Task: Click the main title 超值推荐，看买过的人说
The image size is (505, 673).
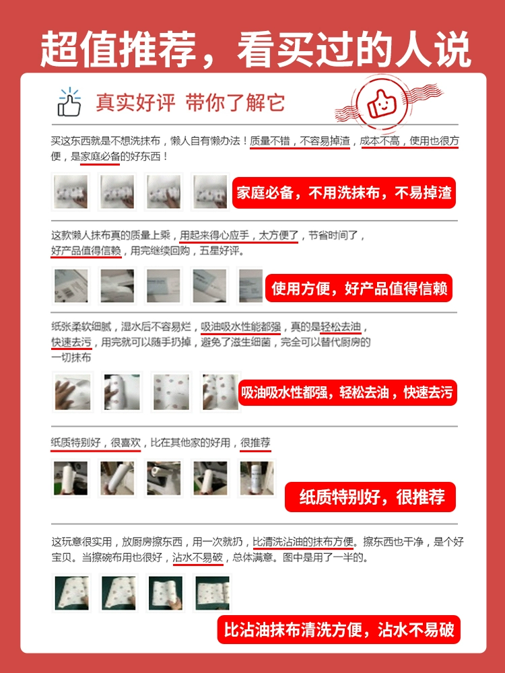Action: pyautogui.click(x=255, y=48)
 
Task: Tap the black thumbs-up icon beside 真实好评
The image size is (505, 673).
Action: pyautogui.click(x=69, y=102)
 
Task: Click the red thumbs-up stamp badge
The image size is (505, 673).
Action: pyautogui.click(x=381, y=103)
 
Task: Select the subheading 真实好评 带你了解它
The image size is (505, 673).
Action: pyautogui.click(x=191, y=102)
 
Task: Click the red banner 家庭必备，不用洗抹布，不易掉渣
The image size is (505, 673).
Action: pyautogui.click(x=344, y=192)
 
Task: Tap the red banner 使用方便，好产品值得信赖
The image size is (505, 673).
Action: pyautogui.click(x=359, y=288)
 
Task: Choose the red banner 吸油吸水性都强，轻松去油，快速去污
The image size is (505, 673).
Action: pyautogui.click(x=347, y=392)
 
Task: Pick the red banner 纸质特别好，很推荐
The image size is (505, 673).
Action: pyautogui.click(x=370, y=497)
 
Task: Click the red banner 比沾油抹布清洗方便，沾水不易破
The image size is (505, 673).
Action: pyautogui.click(x=339, y=630)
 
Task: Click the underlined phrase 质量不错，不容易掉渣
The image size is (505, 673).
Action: pyautogui.click(x=300, y=141)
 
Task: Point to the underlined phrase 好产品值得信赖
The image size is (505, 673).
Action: pyautogui.click(x=86, y=250)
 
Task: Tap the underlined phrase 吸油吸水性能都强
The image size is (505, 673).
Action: pyautogui.click(x=240, y=327)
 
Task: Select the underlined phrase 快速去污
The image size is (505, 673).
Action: pyautogui.click(x=71, y=342)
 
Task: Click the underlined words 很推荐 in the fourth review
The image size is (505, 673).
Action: pyautogui.click(x=255, y=443)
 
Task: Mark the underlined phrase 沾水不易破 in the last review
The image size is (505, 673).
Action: pyautogui.click(x=197, y=557)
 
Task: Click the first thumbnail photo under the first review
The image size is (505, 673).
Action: pyautogui.click(x=71, y=191)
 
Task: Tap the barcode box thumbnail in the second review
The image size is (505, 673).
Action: pyautogui.click(x=71, y=286)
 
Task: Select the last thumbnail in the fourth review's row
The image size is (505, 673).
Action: pyautogui.click(x=257, y=478)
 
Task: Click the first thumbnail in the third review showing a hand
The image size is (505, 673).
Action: pyautogui.click(x=73, y=392)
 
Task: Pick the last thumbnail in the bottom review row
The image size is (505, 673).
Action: pyautogui.click(x=212, y=593)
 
